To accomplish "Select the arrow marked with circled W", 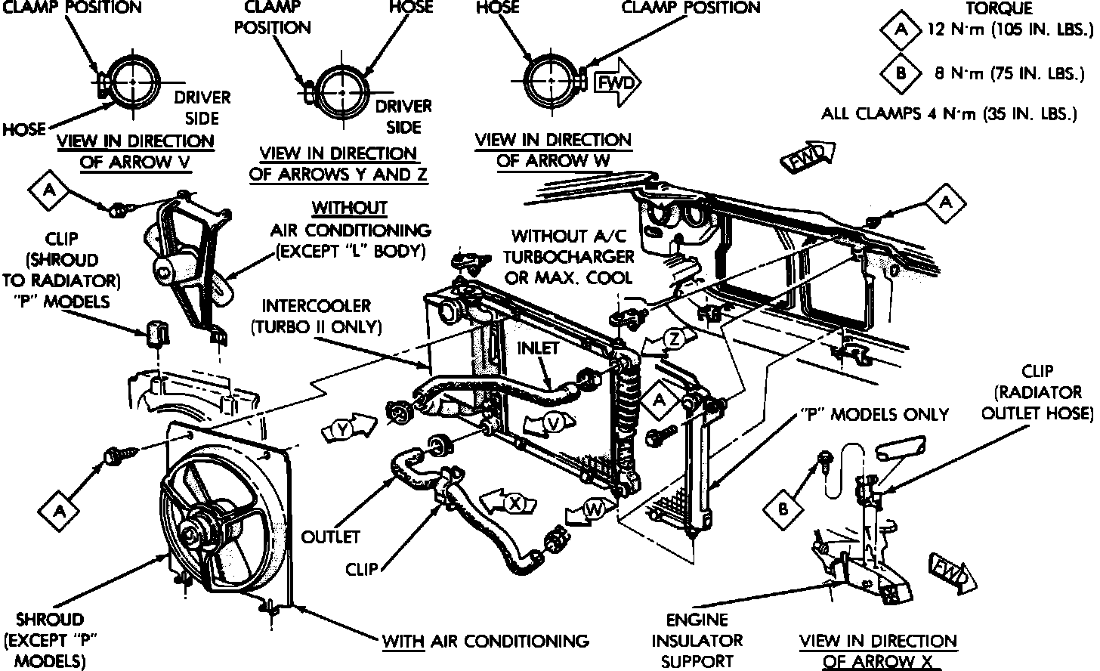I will pos(590,512).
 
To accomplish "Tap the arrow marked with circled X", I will pos(511,504).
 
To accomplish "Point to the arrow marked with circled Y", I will pos(349,429).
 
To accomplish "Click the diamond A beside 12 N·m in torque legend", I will pos(901,31).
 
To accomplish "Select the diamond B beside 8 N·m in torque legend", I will pos(901,73).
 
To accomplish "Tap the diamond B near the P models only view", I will pos(783,509).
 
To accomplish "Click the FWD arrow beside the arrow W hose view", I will pos(617,82).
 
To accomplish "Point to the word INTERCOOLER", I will pos(317,306).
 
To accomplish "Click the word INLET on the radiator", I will pos(538,348).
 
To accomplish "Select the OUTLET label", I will pos(331,537).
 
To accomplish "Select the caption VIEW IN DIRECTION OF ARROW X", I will pos(878,651).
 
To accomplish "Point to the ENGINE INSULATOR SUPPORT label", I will pos(696,641).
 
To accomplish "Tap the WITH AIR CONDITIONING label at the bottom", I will pos(485,642).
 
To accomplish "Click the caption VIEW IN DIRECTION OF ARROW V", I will pos(135,151).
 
